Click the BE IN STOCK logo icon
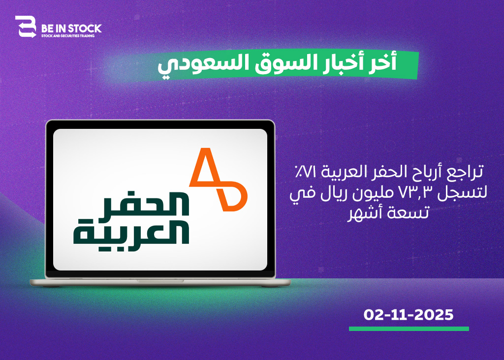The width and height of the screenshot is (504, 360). (x=26, y=27)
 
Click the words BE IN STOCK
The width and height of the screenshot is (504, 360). (x=71, y=29)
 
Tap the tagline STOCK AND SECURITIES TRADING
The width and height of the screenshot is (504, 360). (x=68, y=36)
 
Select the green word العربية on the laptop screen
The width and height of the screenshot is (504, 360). (x=131, y=232)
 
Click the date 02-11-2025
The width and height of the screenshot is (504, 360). (x=408, y=315)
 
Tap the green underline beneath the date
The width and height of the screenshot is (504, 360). (x=409, y=329)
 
